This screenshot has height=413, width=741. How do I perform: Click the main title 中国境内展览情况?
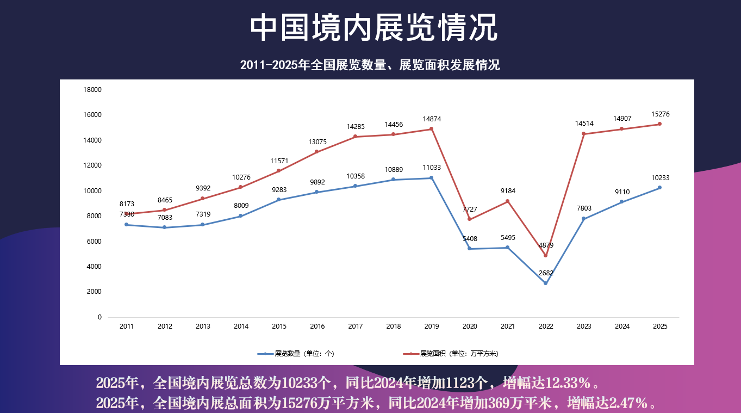coord(373,28)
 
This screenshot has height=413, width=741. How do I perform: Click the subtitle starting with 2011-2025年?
coord(370,65)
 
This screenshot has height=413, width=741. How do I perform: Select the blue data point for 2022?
coord(545,283)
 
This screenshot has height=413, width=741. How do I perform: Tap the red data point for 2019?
coord(431,129)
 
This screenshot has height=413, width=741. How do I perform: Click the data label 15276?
coord(660,114)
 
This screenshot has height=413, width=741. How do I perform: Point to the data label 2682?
coord(546,273)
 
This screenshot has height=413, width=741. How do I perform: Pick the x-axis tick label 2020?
coord(470,326)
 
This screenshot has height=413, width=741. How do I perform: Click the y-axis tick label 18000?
coord(92,90)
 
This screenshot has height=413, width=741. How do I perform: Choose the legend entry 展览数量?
coord(296,354)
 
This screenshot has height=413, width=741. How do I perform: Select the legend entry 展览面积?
coord(451,354)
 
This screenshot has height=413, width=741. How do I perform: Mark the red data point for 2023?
coord(584,134)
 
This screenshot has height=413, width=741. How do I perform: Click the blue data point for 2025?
coord(660,188)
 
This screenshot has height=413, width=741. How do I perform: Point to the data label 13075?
coord(317,142)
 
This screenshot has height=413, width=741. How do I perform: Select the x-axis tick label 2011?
coord(127,326)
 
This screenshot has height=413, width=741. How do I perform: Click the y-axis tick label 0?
coord(99,317)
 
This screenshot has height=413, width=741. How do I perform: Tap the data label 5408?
coord(470,239)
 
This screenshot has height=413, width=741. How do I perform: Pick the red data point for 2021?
coord(508,201)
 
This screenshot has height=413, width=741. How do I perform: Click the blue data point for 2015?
coord(279,200)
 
